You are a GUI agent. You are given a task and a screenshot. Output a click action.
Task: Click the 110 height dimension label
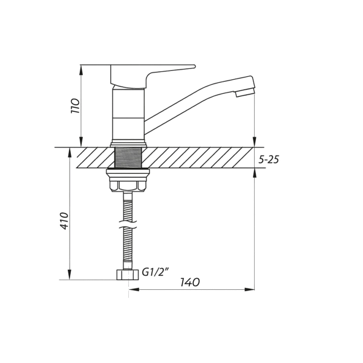pyautogui.click(x=76, y=105)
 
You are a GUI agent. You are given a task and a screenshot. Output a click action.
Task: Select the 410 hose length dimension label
pyautogui.click(x=65, y=221)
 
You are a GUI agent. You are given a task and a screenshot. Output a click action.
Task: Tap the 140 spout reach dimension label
pyautogui.click(x=190, y=282)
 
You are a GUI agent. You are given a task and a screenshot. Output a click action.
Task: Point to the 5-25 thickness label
pyautogui.click(x=269, y=160)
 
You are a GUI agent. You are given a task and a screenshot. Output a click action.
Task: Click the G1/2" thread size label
pyautogui.click(x=154, y=272)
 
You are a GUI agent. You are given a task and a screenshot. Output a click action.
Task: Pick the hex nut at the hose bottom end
pyautogui.click(x=128, y=275)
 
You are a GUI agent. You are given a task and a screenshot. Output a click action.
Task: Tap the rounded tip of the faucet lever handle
pyautogui.click(x=194, y=67)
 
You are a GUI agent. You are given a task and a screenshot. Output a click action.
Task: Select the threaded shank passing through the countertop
pyautogui.click(x=128, y=157)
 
